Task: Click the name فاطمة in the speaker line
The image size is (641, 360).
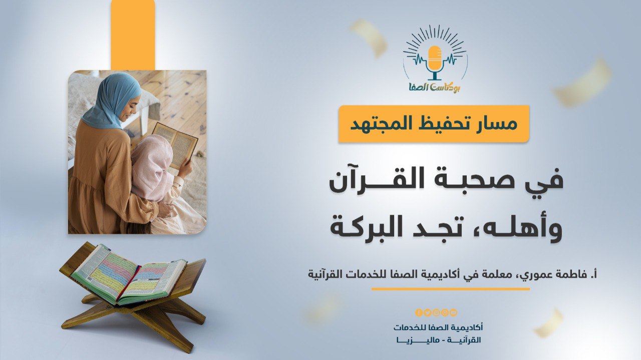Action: pos(569,274)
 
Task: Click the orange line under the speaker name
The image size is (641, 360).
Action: pos(450,289)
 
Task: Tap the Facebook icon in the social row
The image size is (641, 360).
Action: pos(419,313)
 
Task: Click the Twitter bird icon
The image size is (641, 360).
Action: pos(428,313)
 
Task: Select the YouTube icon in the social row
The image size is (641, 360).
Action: pos(453,313)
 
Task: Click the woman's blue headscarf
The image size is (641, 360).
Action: pos(112,100)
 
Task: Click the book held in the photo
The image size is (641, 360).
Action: pos(175,145)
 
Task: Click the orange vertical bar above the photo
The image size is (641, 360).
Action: pos(133,35)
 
